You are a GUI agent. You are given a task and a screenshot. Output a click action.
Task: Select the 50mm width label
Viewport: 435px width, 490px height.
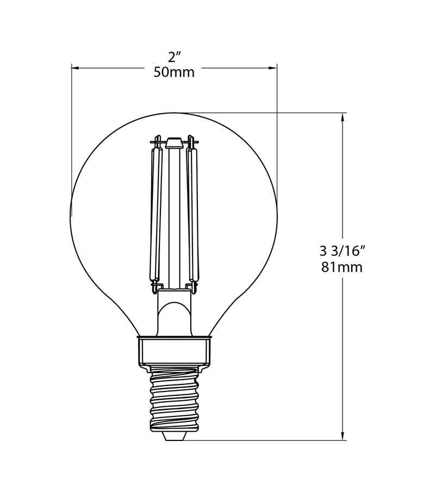pyautogui.click(x=173, y=72)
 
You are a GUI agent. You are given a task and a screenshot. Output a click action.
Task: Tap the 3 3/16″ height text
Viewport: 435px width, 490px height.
pyautogui.click(x=341, y=251)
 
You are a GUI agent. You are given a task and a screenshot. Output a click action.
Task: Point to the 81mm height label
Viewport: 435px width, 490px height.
pyautogui.click(x=341, y=267)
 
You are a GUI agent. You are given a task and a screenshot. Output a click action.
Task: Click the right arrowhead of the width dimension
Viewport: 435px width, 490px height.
pyautogui.click(x=273, y=68)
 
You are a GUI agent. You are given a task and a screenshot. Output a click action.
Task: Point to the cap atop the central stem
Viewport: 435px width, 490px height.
pyautogui.click(x=174, y=143)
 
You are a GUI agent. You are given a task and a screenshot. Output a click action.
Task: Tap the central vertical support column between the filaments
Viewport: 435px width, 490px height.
pyautogui.click(x=174, y=218)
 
